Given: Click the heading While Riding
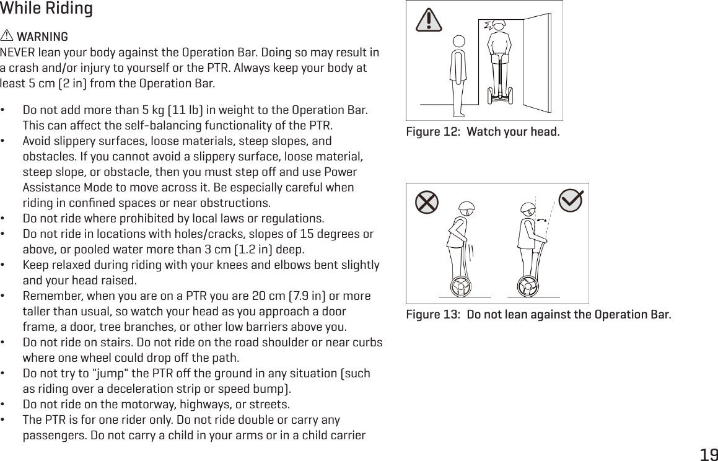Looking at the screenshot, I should (x=46, y=9).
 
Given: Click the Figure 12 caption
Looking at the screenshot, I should (x=482, y=132).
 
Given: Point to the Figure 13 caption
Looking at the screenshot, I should (x=538, y=314).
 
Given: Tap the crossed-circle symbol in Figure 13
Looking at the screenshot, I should (x=426, y=203).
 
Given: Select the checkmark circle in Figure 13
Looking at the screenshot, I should (x=571, y=200).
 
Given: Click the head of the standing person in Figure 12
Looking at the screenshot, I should (x=458, y=42).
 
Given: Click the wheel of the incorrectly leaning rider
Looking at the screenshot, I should (x=460, y=287).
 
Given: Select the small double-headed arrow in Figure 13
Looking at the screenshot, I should (x=543, y=220).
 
